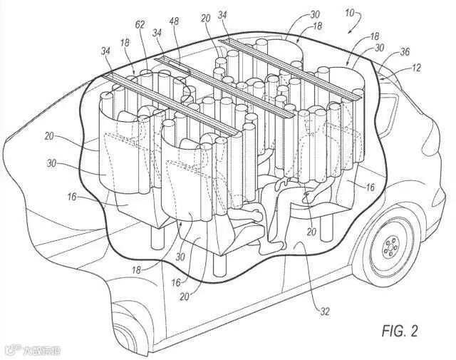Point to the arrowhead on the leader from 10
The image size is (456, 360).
click(x=346, y=32)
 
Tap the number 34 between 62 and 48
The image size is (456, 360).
click(x=155, y=33)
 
